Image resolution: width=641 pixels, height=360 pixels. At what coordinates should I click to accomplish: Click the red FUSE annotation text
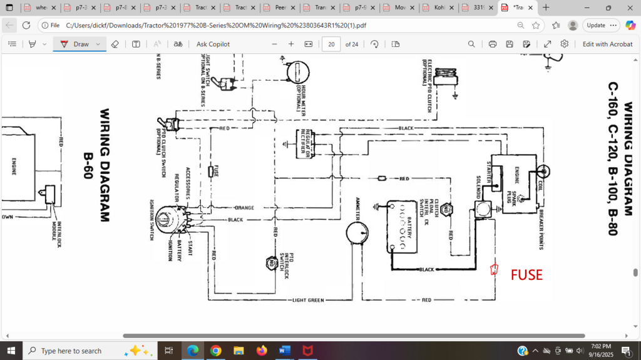526,275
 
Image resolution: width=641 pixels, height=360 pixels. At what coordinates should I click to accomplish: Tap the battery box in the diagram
401,227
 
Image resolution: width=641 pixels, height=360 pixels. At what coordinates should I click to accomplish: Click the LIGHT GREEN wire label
309,301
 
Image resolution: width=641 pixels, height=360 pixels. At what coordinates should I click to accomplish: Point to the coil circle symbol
543,171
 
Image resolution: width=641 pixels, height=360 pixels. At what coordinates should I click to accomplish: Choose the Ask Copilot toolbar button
213,44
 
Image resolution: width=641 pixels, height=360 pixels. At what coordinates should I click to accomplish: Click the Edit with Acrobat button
607,44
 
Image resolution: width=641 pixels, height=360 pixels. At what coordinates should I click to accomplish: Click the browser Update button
596,25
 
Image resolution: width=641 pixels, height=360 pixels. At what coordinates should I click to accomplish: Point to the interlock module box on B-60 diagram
49,195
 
